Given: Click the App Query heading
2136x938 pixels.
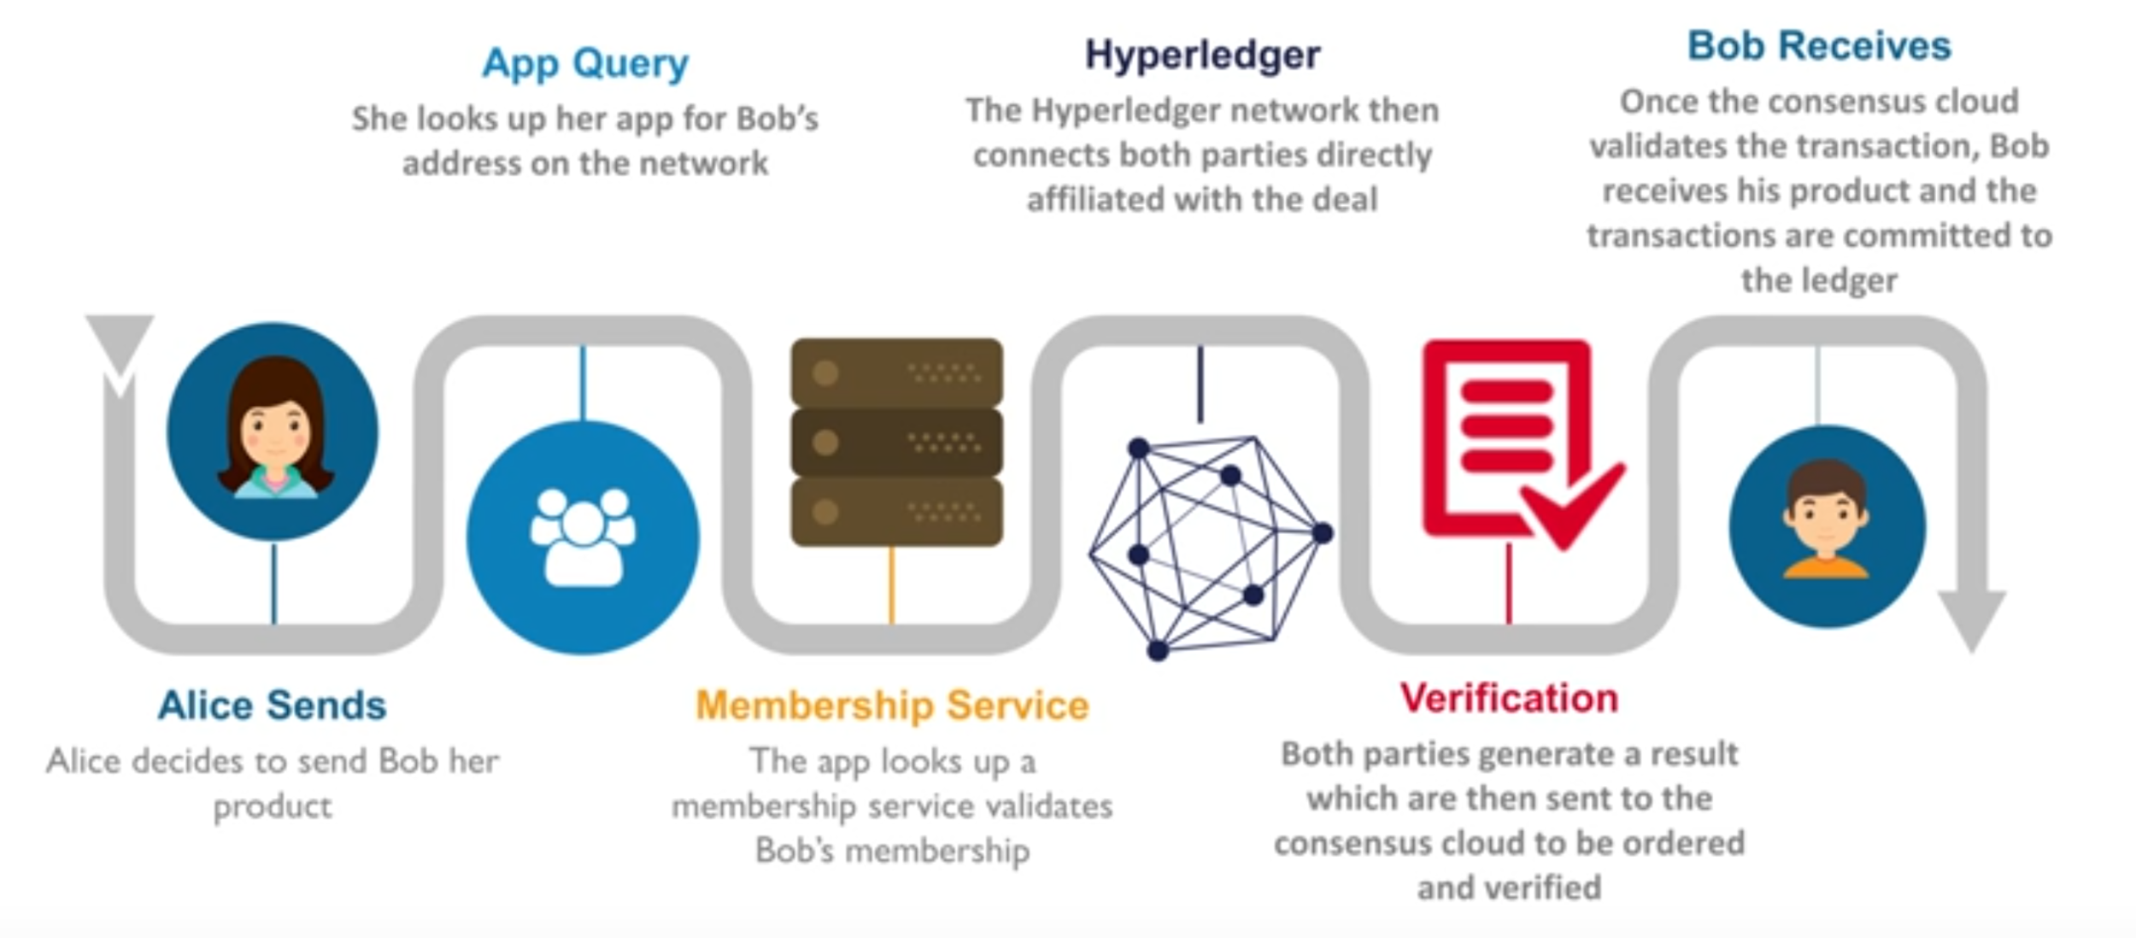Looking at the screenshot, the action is [585, 63].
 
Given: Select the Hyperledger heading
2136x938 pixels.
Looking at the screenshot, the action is [1202, 55].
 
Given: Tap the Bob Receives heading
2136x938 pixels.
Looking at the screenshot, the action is [1819, 46].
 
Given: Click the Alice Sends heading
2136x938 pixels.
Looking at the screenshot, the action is [272, 706].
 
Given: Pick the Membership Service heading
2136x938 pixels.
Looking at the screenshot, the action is [892, 706].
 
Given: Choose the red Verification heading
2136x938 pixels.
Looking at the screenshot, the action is [1509, 699].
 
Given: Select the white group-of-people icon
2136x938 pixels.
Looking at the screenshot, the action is [583, 536].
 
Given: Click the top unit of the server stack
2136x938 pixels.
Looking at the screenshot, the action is [896, 372].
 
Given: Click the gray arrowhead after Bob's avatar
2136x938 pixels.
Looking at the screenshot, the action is [1971, 619].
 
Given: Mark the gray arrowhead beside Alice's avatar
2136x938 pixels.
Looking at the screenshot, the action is [120, 342].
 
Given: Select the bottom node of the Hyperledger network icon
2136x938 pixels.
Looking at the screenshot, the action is [1158, 651].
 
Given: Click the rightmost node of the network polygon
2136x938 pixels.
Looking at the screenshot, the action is [1322, 534].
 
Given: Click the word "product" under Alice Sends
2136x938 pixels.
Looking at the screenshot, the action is [272, 806].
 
